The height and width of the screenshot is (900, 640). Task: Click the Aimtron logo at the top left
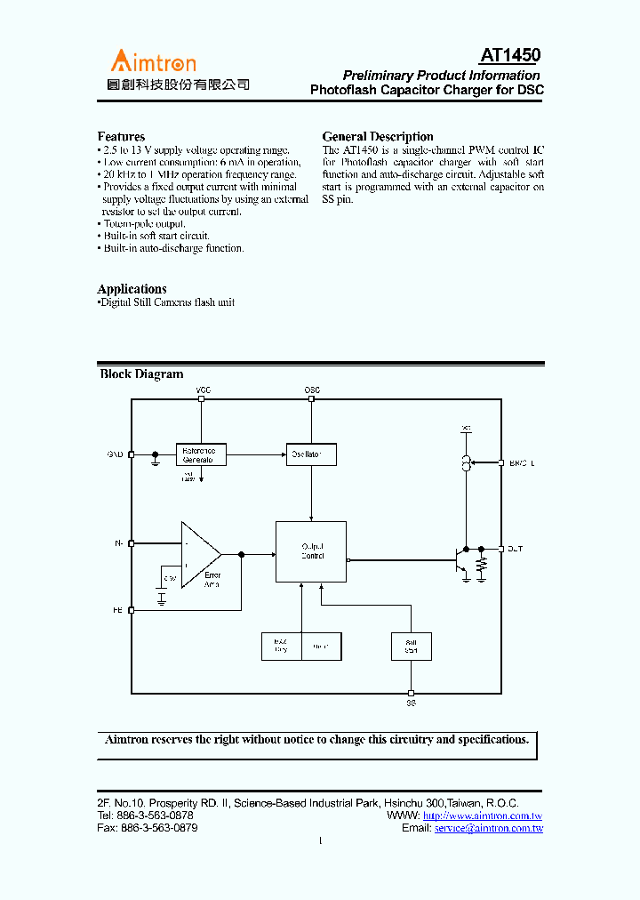coord(153,62)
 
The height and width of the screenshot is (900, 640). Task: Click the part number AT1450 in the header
coord(510,56)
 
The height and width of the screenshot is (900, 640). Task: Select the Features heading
coord(121,137)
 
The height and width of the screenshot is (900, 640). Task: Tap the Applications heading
coord(132,289)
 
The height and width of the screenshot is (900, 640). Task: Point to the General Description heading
coord(378,137)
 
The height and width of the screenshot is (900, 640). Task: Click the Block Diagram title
coord(141,374)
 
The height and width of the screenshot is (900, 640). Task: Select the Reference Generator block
coord(201,454)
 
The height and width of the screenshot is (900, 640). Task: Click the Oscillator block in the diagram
coord(311,454)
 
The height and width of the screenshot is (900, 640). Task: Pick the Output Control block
coord(311,551)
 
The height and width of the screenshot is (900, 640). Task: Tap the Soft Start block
coord(411,647)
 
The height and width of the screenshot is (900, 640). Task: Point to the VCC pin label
coord(203,390)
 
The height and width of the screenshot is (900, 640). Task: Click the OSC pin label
coord(312,390)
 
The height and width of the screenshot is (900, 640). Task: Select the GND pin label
coord(116,454)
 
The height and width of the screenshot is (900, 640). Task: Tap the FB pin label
coord(117,610)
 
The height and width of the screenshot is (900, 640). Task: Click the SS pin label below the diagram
coord(411,703)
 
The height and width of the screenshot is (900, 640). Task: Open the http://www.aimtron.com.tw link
coord(483,816)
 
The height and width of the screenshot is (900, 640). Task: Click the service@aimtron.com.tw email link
coord(489,828)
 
